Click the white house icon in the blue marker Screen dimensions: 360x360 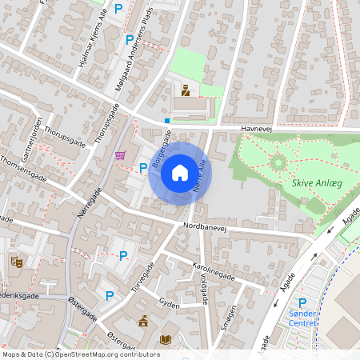pos(180,173)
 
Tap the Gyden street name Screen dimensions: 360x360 pos(169,305)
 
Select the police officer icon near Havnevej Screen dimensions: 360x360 pos(186,90)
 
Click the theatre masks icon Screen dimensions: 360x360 pos(15,261)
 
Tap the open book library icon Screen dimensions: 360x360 pos(166,340)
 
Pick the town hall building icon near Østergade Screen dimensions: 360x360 pos(143,322)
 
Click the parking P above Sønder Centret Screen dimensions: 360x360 pos(302,303)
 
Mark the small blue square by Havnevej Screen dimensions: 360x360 pos(166,121)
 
